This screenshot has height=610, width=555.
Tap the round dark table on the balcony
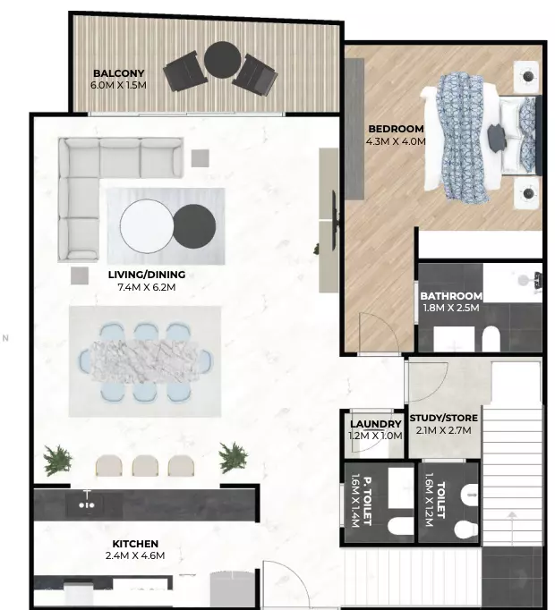222,60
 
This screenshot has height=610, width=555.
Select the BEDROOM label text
396,129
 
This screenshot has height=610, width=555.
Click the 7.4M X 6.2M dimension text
147,287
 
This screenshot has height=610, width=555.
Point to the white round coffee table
147,226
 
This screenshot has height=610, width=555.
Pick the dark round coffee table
194,226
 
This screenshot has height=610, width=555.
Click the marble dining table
144,361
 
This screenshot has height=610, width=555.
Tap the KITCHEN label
135,544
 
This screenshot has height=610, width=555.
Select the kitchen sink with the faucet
87,503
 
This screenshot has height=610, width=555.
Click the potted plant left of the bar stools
57,460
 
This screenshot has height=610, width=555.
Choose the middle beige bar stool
145,465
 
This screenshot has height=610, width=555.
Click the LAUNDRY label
375,424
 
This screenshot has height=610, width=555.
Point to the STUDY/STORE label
444,419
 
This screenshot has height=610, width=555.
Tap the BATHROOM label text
451,296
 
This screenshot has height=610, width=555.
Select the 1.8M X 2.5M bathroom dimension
451,308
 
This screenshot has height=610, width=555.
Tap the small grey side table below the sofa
80,275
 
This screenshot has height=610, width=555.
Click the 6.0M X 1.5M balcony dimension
118,85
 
